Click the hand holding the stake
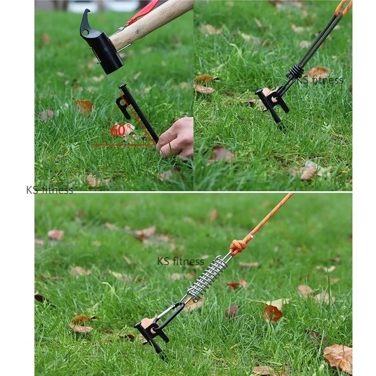[176, 138]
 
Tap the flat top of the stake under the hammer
[123, 87]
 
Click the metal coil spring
[207, 278]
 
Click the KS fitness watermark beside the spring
[181, 261]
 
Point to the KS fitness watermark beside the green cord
[320, 80]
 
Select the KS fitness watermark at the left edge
[49, 190]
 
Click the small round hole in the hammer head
[86, 32]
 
